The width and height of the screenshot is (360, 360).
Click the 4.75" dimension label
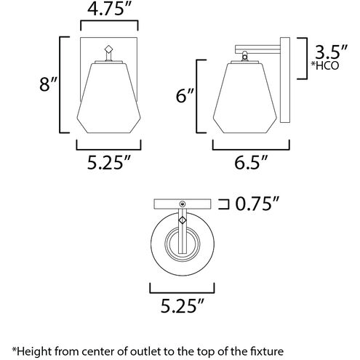pyautogui.click(x=109, y=9)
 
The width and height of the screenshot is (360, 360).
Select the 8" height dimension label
pyautogui.click(x=48, y=84)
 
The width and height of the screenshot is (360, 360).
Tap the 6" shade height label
pyautogui.click(x=185, y=96)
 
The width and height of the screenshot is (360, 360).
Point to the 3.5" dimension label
pyautogui.click(x=331, y=52)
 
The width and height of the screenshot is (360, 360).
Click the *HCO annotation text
pyautogui.click(x=325, y=65)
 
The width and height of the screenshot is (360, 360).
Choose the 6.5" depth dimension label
pyautogui.click(x=251, y=162)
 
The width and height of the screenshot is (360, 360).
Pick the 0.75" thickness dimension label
pyautogui.click(x=257, y=204)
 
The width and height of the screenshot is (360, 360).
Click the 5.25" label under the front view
pyautogui.click(x=109, y=162)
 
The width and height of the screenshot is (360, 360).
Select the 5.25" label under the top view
pyautogui.click(x=183, y=306)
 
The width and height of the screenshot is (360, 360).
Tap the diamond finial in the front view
pyautogui.click(x=109, y=49)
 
